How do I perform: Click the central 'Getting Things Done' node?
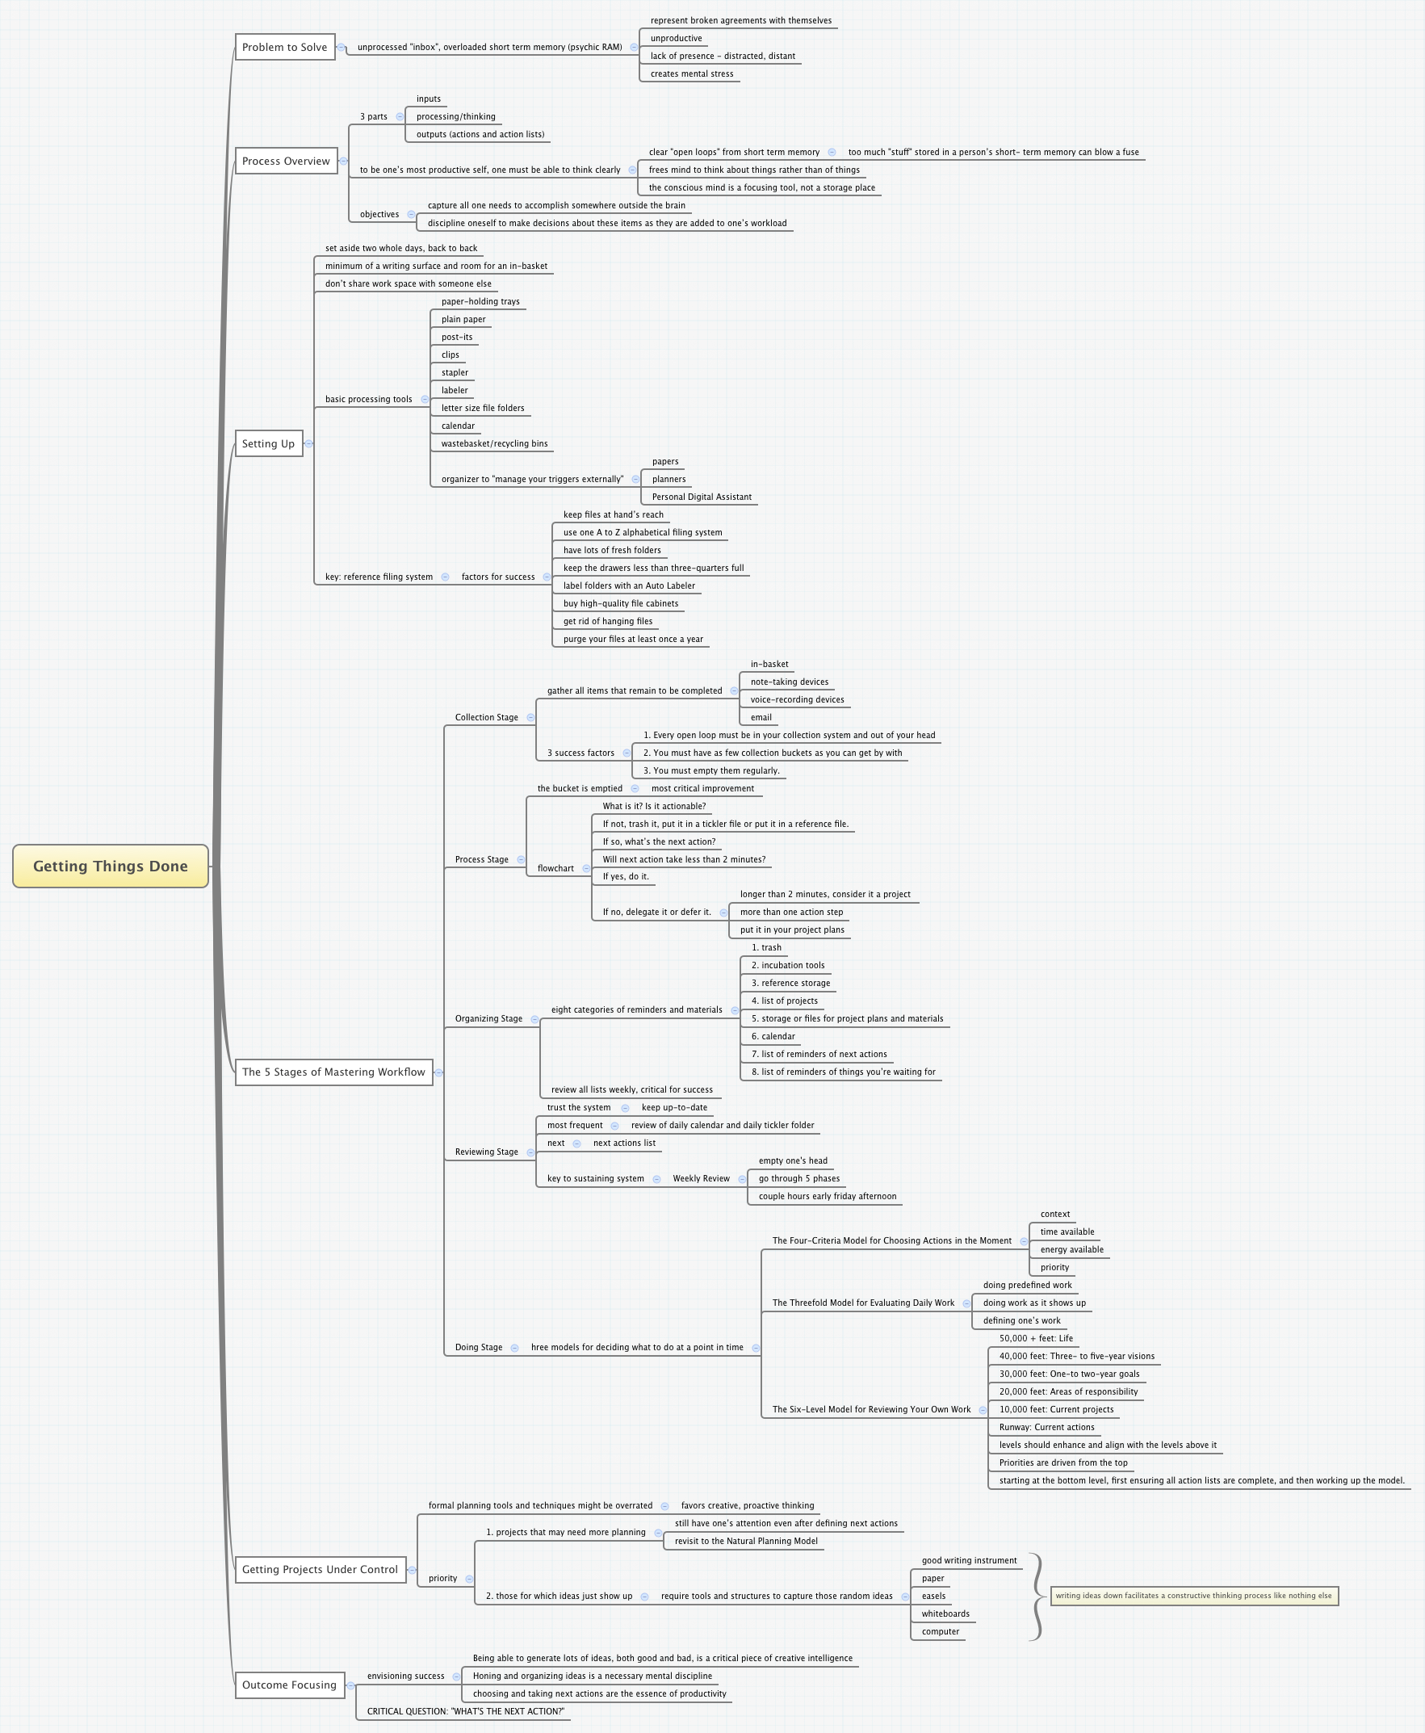110,866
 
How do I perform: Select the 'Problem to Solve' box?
285,47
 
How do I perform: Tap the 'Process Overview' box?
286,161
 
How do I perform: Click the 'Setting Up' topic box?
268,443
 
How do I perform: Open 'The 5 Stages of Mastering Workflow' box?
333,1072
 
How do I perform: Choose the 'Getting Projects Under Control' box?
321,1569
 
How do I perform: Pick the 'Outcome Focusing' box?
289,1685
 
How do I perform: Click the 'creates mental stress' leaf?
691,73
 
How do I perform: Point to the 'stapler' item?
455,373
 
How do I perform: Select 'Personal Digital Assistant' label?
701,497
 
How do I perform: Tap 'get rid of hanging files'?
607,622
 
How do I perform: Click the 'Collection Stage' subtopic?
486,717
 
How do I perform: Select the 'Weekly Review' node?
701,1178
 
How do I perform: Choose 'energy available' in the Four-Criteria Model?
1071,1249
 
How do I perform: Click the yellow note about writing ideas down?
1193,1596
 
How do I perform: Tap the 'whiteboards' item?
945,1614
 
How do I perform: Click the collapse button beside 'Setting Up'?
309,443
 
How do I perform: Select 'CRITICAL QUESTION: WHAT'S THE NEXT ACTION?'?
465,1712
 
